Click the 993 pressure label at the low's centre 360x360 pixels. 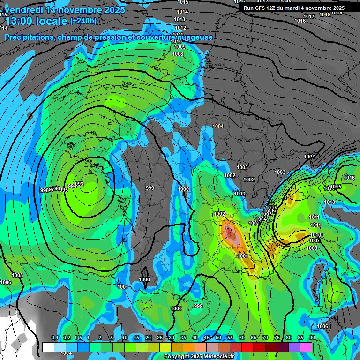pyautogui.click(x=79, y=184)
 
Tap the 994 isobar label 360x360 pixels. pyautogui.click(x=72, y=187)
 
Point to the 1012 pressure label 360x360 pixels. pyautogui.click(x=180, y=28)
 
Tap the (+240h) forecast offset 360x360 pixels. pyautogui.click(x=83, y=21)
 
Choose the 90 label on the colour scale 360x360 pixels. pyautogui.click(x=312, y=338)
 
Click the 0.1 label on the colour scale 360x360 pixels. pyautogui.click(x=54, y=338)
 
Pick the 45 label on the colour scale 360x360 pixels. pyautogui.click(x=207, y=338)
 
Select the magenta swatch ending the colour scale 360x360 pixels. pyautogui.click(x=306, y=347)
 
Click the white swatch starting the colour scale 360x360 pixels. pyautogui.click(x=48, y=347)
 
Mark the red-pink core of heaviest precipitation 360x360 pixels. pyautogui.click(x=230, y=232)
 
